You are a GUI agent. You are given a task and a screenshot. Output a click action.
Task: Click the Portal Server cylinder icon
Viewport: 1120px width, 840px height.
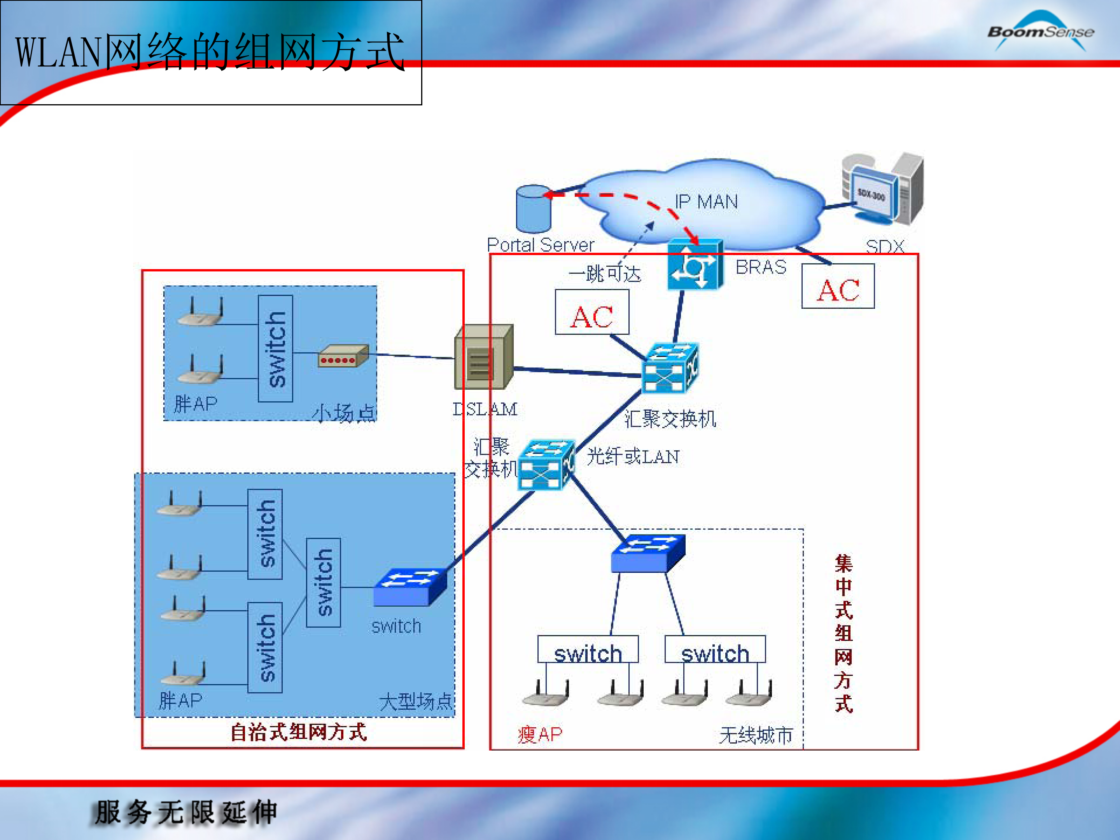click(533, 208)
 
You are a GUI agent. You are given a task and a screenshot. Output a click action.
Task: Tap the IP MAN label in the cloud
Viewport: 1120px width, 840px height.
click(706, 202)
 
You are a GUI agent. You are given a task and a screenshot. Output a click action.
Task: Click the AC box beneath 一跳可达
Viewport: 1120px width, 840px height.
click(591, 312)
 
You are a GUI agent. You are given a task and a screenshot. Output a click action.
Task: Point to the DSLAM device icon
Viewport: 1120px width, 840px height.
click(483, 357)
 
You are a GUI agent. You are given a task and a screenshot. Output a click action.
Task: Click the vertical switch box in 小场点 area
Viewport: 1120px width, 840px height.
click(275, 349)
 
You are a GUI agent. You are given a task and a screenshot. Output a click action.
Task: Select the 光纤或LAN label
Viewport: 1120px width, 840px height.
click(632, 457)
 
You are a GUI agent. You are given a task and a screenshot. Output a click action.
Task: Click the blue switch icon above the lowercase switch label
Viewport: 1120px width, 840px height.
click(409, 587)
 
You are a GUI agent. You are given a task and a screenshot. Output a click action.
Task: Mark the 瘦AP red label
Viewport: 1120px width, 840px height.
click(540, 734)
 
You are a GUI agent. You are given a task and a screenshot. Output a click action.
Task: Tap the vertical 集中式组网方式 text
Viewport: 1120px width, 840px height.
click(843, 633)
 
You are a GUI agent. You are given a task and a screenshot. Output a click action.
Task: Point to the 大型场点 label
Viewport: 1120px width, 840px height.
click(415, 701)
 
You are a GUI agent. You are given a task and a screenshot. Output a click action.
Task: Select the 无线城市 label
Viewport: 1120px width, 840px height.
click(756, 735)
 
